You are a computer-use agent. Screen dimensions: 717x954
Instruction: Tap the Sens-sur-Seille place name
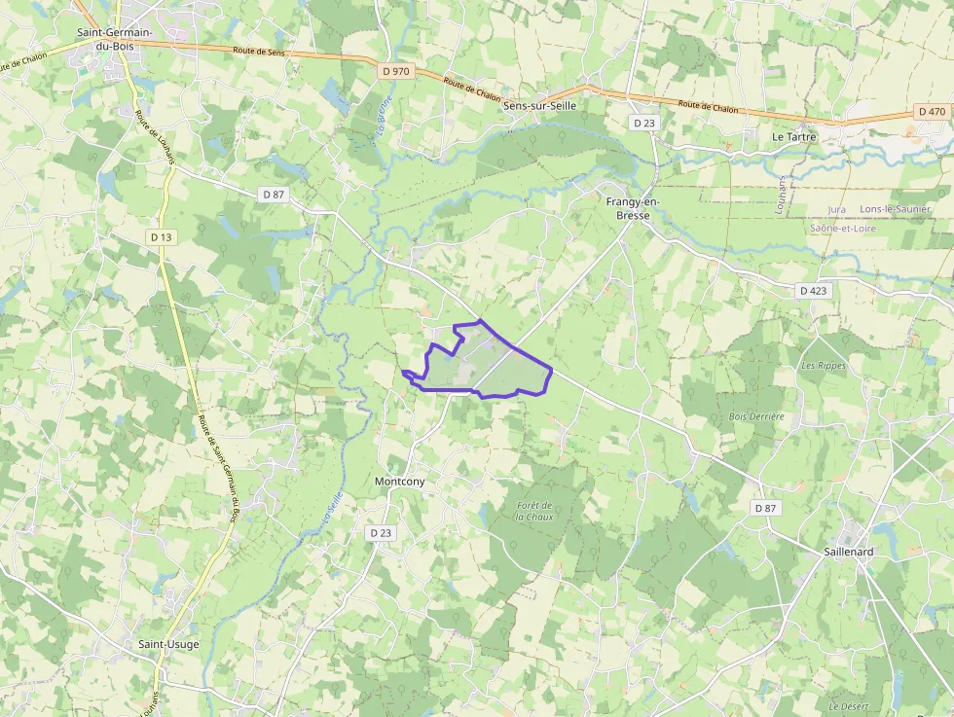pyautogui.click(x=539, y=106)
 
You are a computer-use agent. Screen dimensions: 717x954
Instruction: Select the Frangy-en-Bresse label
pyautogui.click(x=633, y=208)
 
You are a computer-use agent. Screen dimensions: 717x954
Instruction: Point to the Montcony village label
pyautogui.click(x=400, y=482)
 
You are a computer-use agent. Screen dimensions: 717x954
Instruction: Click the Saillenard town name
pyautogui.click(x=849, y=552)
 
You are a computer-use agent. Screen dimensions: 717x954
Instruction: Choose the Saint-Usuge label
pyautogui.click(x=168, y=644)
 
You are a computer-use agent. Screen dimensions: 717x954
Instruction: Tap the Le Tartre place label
pyautogui.click(x=793, y=137)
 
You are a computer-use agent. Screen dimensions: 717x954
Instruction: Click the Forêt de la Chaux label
pyautogui.click(x=535, y=511)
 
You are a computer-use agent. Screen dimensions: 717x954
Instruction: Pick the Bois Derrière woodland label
pyautogui.click(x=756, y=416)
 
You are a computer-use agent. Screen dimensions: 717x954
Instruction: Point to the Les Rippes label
pyautogui.click(x=824, y=366)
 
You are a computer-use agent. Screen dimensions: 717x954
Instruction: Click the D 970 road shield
pyautogui.click(x=396, y=71)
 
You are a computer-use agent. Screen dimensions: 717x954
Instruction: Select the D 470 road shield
pyautogui.click(x=932, y=112)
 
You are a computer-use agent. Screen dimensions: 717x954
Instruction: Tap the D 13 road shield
pyautogui.click(x=162, y=237)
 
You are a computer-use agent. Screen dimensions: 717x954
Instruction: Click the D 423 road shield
pyautogui.click(x=813, y=290)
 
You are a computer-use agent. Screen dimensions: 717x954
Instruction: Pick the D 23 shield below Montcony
pyautogui.click(x=381, y=533)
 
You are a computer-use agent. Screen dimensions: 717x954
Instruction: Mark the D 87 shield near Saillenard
pyautogui.click(x=765, y=508)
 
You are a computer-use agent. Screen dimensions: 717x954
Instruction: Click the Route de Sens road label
pyautogui.click(x=258, y=51)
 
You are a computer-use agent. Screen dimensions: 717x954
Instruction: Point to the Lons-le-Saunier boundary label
pyautogui.click(x=896, y=209)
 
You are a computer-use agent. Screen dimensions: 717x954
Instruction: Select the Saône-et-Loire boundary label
pyautogui.click(x=842, y=229)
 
